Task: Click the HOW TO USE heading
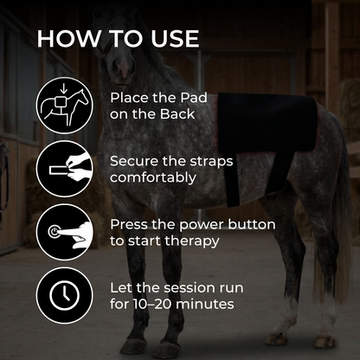tap(118, 39)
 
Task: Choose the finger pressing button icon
tap(64, 232)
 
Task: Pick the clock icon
tap(64, 295)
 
